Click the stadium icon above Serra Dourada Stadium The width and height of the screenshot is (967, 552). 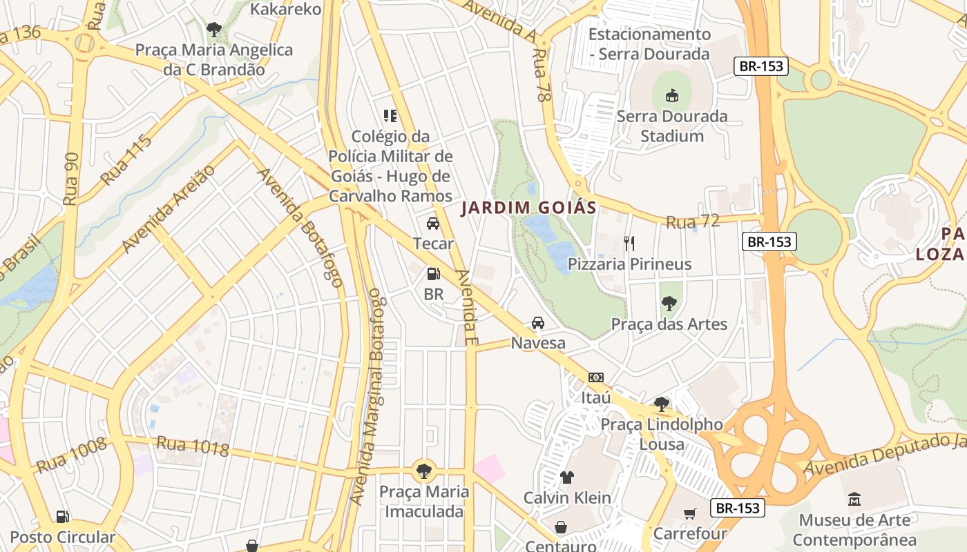671,95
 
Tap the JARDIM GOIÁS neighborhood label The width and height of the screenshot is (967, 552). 528,207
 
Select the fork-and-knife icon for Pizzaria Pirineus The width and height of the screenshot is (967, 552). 629,243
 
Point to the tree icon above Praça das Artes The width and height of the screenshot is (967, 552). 669,303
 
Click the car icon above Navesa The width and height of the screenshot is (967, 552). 537,323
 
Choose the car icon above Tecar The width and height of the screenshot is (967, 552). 433,224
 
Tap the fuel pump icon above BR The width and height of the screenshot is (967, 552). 433,274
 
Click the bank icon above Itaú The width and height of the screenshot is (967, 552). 595,377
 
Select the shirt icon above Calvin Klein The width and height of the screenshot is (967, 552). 567,477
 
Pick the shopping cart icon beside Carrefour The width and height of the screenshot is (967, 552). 689,513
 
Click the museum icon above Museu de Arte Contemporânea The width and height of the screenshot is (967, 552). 854,499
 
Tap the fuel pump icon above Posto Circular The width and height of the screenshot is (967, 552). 62,517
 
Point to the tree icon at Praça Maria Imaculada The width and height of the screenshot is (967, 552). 423,471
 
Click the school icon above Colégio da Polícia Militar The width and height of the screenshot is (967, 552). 390,116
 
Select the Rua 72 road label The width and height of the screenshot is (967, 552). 693,221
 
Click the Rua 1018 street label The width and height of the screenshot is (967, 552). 193,446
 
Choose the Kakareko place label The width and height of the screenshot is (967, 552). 285,9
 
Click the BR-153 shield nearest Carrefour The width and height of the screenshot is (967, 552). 738,509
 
